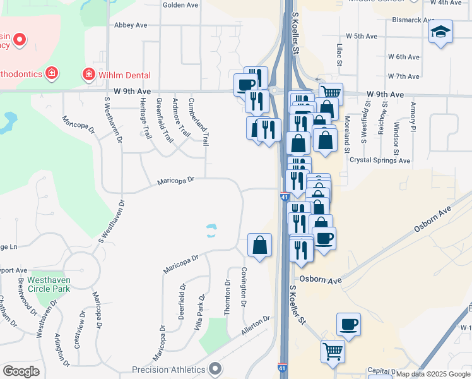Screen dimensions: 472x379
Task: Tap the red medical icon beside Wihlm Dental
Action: click(x=89, y=75)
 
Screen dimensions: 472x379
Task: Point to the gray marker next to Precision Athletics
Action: click(x=215, y=369)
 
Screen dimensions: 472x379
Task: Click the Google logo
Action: click(x=21, y=371)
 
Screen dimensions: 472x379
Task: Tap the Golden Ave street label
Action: click(x=180, y=4)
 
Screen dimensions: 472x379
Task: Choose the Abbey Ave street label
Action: click(x=131, y=25)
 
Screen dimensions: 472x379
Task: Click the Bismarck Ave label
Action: click(x=396, y=20)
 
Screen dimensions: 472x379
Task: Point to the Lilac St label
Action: click(x=339, y=54)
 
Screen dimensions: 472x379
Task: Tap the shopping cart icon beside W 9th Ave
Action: click(x=331, y=93)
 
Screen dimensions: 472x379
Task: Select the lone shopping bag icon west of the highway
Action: click(x=259, y=244)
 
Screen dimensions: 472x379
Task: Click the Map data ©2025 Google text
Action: click(x=433, y=374)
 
